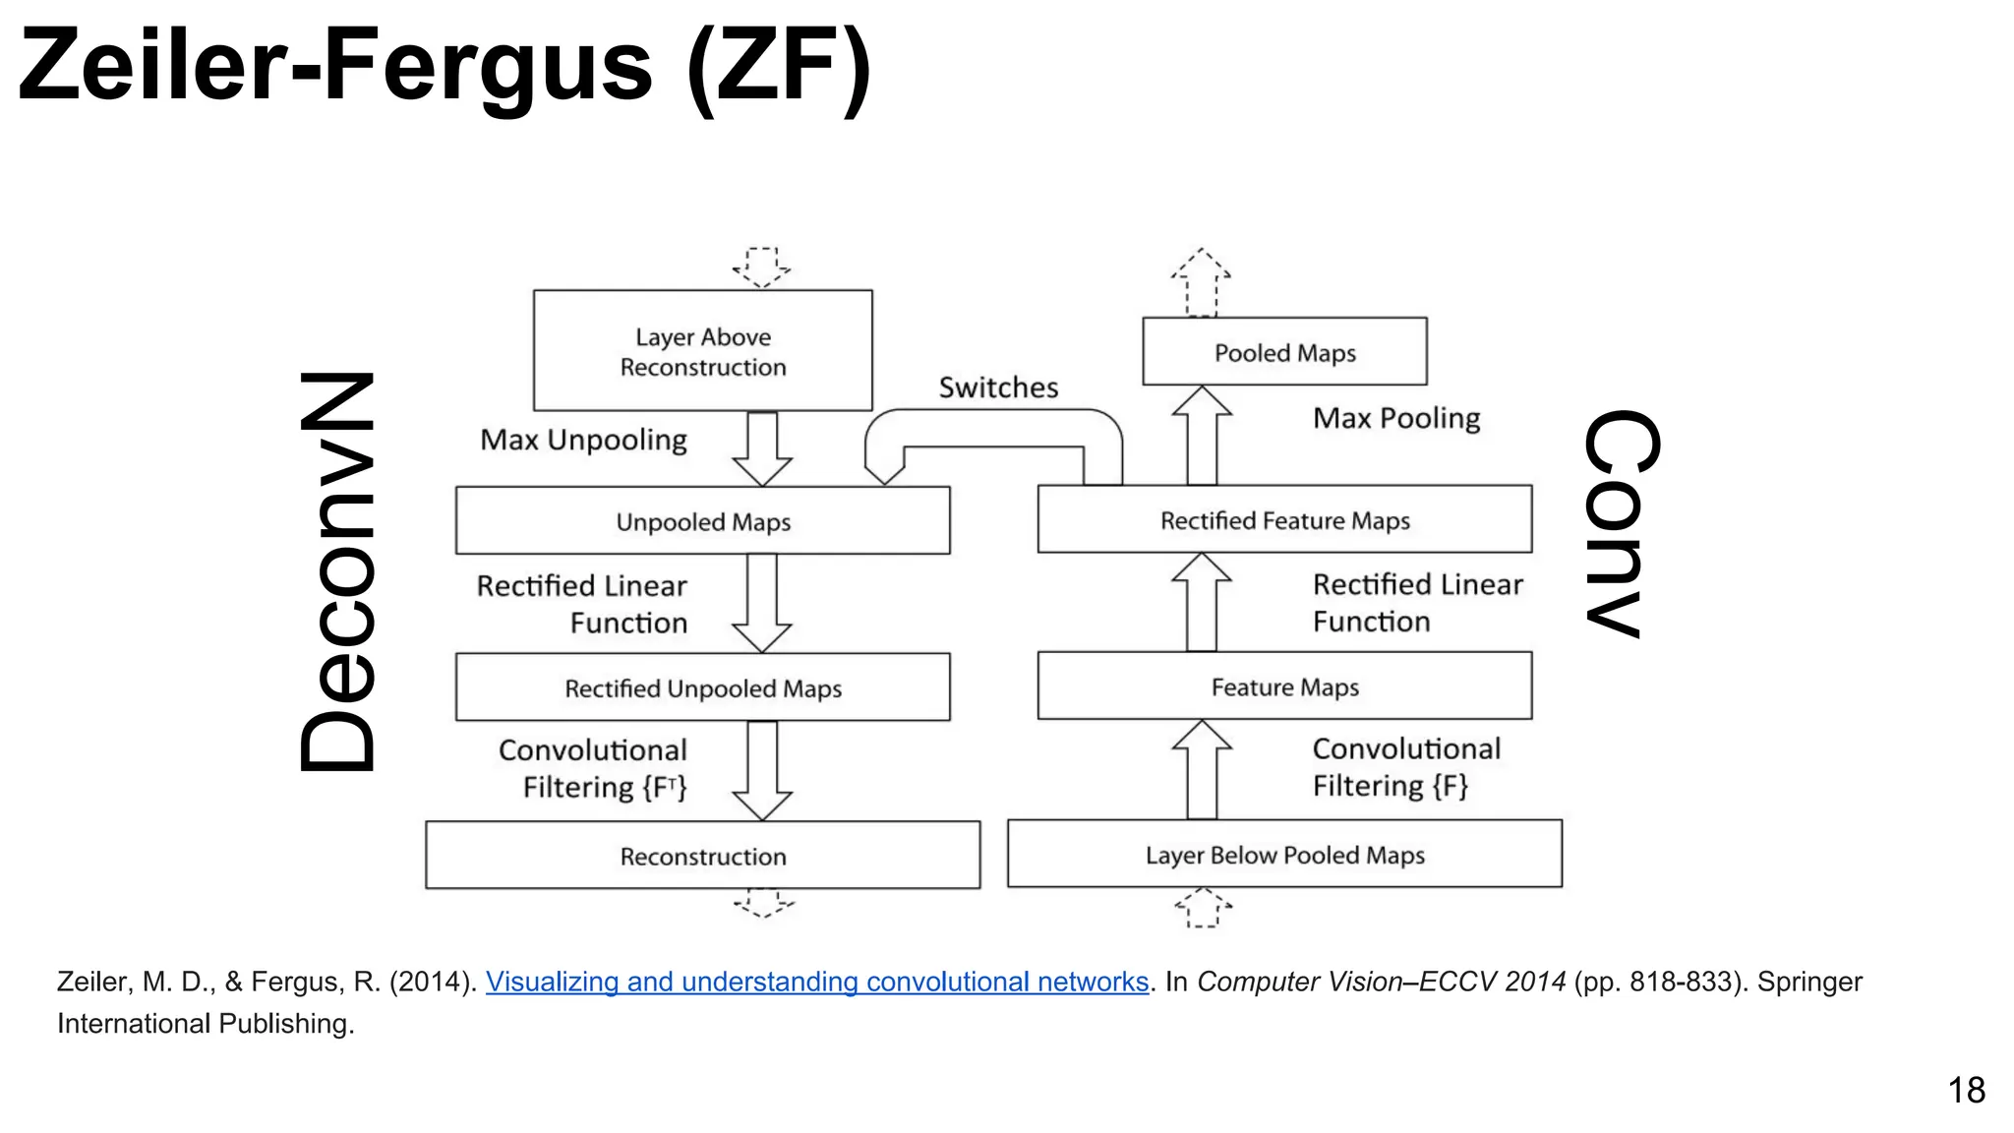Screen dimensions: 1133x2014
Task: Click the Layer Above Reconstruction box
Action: pyautogui.click(x=702, y=350)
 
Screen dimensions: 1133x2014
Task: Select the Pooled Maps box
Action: pyautogui.click(x=1284, y=352)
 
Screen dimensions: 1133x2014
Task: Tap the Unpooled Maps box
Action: pyautogui.click(x=702, y=521)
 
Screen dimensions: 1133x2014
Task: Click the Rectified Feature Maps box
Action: pyautogui.click(x=1284, y=519)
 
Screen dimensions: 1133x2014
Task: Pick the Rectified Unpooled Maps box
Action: pyautogui.click(x=702, y=687)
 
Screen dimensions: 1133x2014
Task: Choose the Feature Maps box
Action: pyautogui.click(x=1284, y=686)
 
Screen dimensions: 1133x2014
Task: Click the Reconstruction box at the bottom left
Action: pyautogui.click(x=702, y=856)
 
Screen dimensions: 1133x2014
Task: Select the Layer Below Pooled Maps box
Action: pyautogui.click(x=1284, y=855)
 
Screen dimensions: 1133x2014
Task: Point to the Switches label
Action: pyautogui.click(x=998, y=388)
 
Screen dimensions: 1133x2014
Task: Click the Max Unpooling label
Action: pyautogui.click(x=583, y=440)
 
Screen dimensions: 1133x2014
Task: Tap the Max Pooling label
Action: pyautogui.click(x=1396, y=418)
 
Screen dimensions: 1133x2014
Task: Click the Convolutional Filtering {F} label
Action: pyautogui.click(x=1405, y=767)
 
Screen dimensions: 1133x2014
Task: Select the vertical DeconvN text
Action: pyautogui.click(x=338, y=572)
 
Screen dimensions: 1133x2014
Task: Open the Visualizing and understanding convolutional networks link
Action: pyautogui.click(x=816, y=982)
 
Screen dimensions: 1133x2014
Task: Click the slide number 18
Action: pyautogui.click(x=1966, y=1090)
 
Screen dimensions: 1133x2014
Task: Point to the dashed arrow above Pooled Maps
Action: pyautogui.click(x=1201, y=281)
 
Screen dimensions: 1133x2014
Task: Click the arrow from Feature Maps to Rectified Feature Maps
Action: pyautogui.click(x=1201, y=602)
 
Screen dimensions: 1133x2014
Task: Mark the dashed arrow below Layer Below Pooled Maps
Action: pyautogui.click(x=1203, y=907)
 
